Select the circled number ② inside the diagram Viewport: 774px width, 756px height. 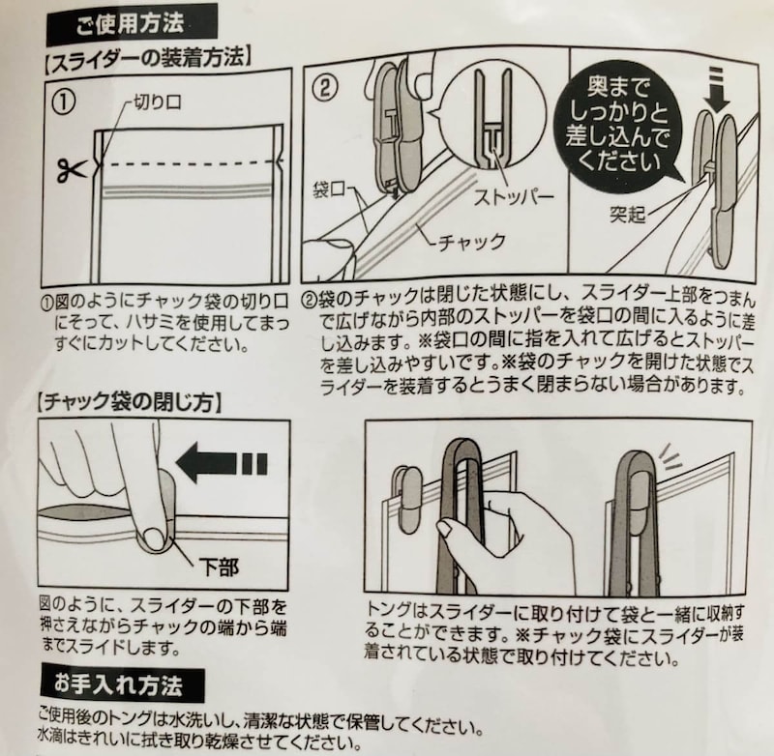[327, 87]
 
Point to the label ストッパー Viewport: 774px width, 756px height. [514, 197]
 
